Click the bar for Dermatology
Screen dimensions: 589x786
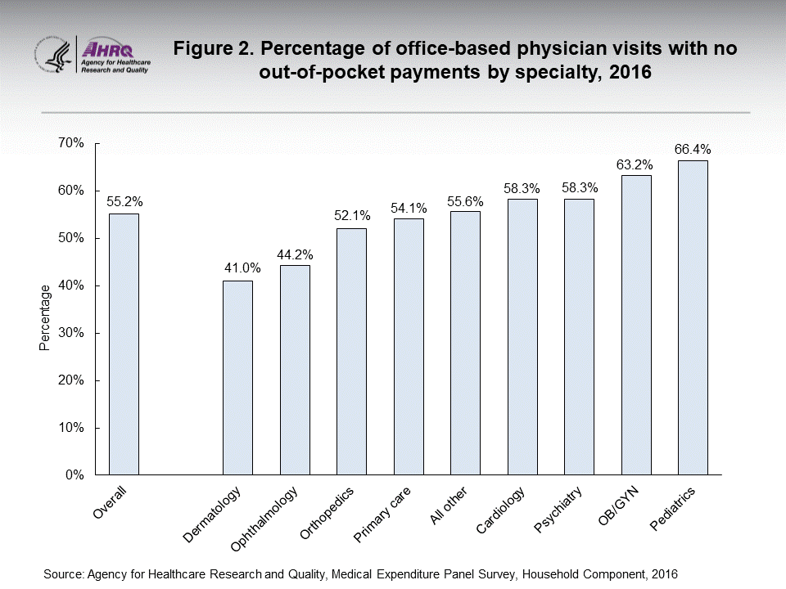click(x=237, y=377)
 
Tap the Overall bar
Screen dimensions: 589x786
click(x=124, y=344)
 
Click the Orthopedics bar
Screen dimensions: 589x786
click(x=351, y=351)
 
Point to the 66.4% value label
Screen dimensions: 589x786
click(x=693, y=150)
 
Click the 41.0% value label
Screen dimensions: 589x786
click(x=238, y=268)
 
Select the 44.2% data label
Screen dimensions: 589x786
click(x=295, y=254)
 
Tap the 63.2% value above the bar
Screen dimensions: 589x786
click(x=636, y=164)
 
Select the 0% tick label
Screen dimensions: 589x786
click(x=75, y=475)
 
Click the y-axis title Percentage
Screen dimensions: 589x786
click(x=45, y=318)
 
